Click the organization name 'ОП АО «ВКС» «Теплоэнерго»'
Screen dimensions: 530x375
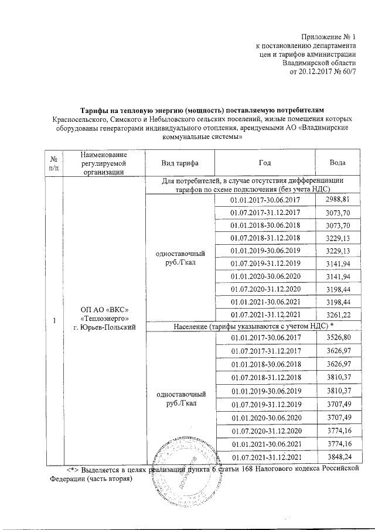coord(104,313)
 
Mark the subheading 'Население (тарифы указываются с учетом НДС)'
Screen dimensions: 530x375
coord(250,326)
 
